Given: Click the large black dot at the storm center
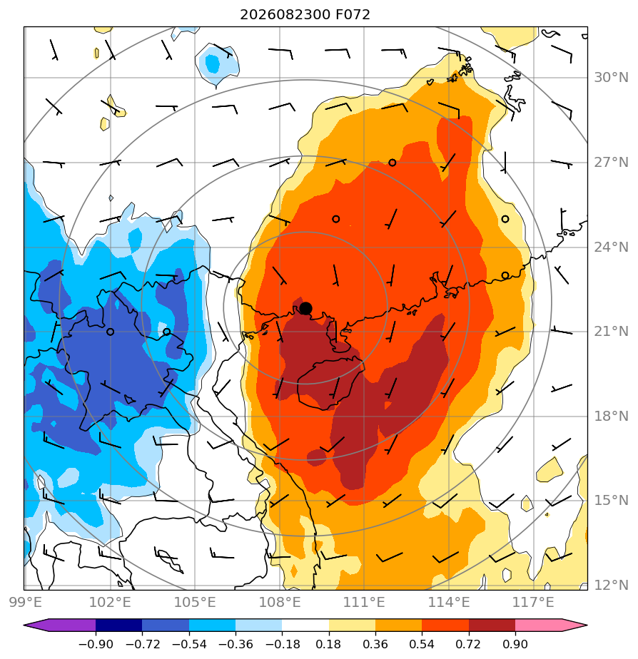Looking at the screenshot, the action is click(305, 309).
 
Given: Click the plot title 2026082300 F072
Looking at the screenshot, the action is click(305, 15).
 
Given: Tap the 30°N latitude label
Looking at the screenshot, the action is click(611, 78).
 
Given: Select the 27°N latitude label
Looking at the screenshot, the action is click(611, 162).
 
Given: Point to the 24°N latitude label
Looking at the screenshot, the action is click(611, 247).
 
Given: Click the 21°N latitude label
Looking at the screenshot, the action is click(611, 332).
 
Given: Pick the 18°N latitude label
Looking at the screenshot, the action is click(611, 416).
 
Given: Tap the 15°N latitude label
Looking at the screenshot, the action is click(611, 501).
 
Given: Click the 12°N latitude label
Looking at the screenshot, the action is click(611, 585).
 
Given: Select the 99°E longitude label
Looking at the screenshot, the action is click(26, 602).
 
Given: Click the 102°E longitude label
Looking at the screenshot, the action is click(110, 602).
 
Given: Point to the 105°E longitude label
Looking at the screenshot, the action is click(195, 602).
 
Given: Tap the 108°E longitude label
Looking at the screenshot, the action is click(280, 602).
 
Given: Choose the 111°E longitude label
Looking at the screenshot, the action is click(364, 602).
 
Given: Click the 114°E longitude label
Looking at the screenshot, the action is click(449, 602).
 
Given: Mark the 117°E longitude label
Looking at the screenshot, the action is click(533, 602).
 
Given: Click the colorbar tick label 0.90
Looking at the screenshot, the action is click(515, 644).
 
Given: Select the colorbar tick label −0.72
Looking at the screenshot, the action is click(143, 644).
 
